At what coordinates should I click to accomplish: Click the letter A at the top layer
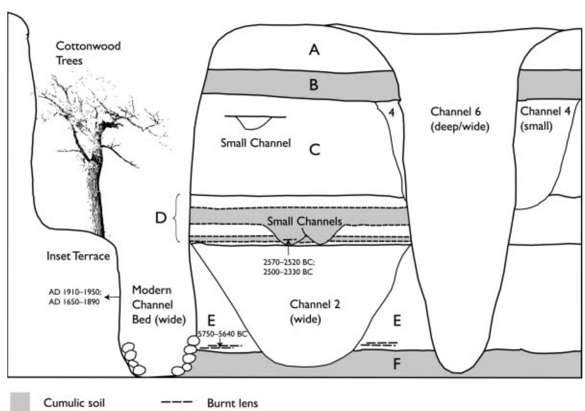[314, 50]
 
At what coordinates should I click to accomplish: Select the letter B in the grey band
[314, 85]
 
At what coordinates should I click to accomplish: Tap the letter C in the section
[314, 149]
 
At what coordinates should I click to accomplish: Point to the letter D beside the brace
[160, 218]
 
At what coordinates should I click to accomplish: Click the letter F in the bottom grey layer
[397, 364]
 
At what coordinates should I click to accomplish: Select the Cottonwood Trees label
[88, 53]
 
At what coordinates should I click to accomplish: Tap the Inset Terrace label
[78, 256]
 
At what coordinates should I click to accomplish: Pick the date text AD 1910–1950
[75, 292]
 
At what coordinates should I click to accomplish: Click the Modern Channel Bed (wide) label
[159, 305]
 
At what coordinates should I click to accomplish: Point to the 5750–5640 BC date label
[222, 334]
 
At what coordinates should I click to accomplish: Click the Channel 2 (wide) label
[314, 312]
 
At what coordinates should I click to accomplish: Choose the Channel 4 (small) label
[545, 119]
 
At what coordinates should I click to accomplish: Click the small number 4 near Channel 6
[391, 113]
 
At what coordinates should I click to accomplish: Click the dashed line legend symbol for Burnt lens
[176, 403]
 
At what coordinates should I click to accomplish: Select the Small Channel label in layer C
[256, 143]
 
